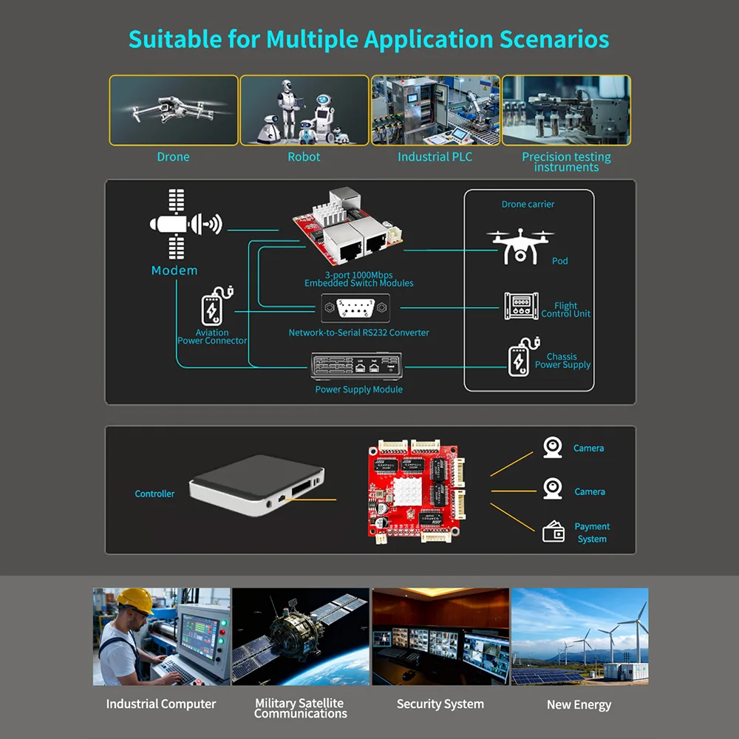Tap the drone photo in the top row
pos(174,110)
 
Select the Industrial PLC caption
pos(435,157)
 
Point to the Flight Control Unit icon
pos(521,306)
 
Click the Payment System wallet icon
pos(554,532)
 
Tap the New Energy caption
pos(579,704)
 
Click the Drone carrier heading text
pos(528,204)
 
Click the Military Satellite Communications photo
pos(301,636)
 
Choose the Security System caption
pos(440,704)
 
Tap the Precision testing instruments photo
pos(566,110)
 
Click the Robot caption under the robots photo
pos(304,157)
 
